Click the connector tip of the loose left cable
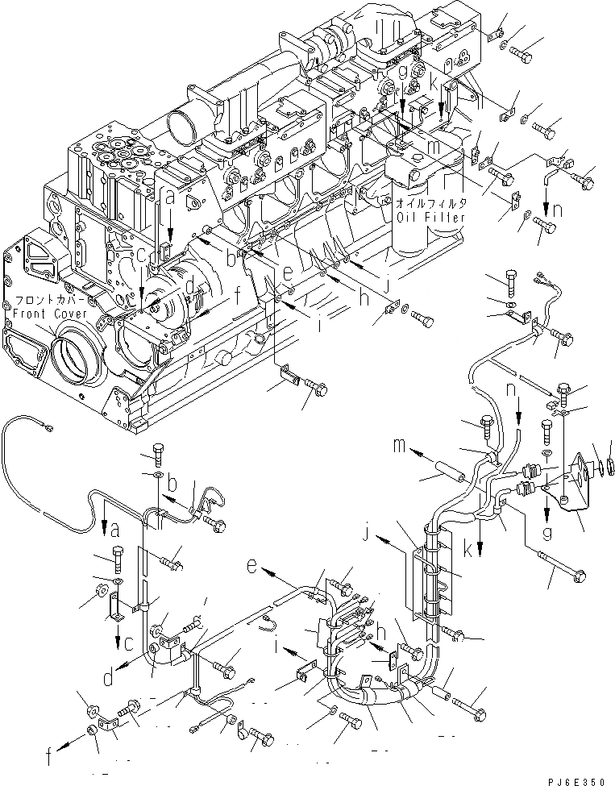[x=50, y=428]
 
